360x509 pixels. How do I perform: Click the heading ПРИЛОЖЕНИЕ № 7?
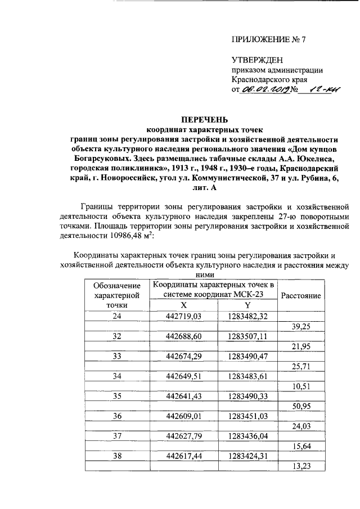[268, 39]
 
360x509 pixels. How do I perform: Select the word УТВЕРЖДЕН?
[258, 60]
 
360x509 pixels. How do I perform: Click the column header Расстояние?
[301, 295]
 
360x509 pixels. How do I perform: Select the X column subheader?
[183, 305]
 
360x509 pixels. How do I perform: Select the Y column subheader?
[247, 305]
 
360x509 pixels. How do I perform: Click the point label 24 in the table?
[117, 316]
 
